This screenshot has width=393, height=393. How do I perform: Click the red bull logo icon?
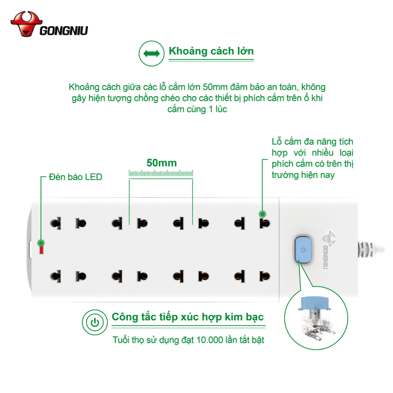(25, 24)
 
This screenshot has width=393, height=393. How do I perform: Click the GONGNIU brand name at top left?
(64, 31)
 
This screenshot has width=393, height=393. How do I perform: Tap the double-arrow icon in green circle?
(151, 53)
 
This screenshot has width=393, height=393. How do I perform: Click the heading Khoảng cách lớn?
(211, 51)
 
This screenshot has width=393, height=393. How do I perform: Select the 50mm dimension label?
(162, 163)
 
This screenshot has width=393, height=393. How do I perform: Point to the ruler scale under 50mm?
(162, 174)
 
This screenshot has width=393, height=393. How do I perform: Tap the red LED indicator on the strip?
(40, 251)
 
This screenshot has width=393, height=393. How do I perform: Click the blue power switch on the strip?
(302, 249)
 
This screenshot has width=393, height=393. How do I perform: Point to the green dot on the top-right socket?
(262, 214)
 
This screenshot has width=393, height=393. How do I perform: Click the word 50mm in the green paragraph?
(214, 87)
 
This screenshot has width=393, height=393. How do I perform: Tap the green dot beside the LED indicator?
(41, 242)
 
